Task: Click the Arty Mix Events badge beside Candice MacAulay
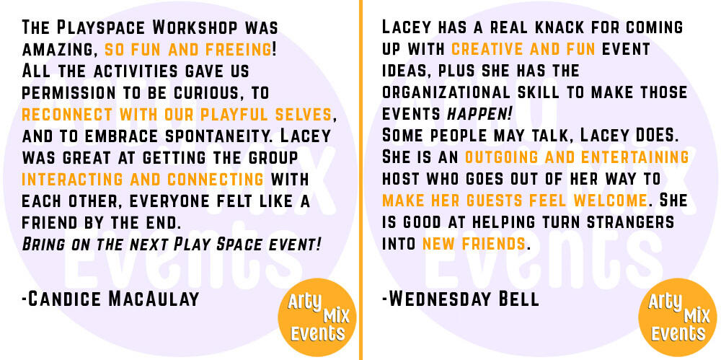point(317,317)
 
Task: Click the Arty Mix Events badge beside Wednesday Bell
point(678,317)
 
